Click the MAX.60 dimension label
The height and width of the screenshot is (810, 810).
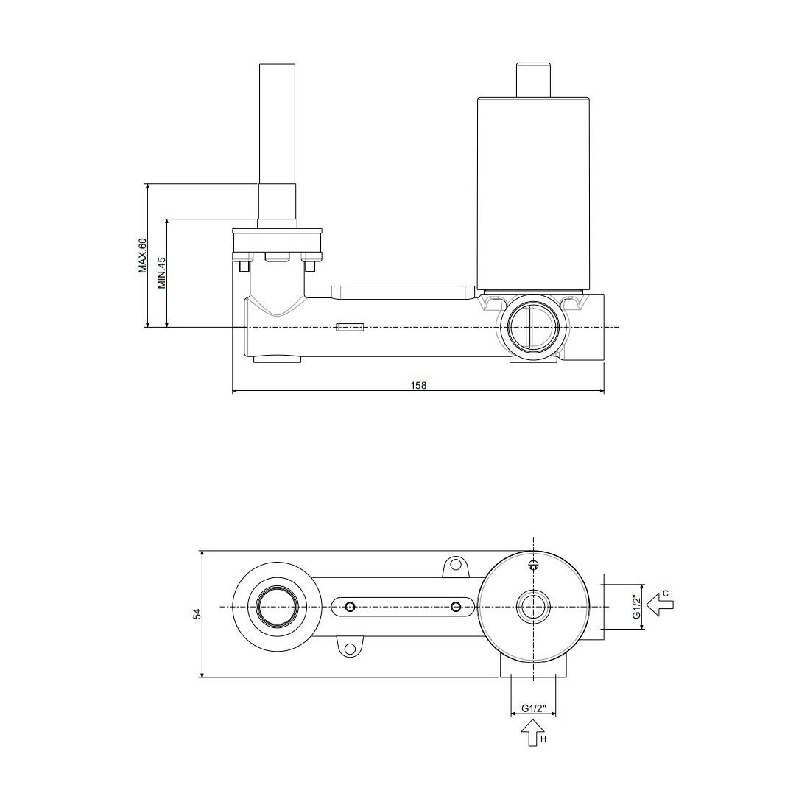pyautogui.click(x=143, y=256)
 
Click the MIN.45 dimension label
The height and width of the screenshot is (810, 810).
pyautogui.click(x=162, y=272)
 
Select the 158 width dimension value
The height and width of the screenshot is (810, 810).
pyautogui.click(x=418, y=385)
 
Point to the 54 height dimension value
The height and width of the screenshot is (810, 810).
pyautogui.click(x=197, y=613)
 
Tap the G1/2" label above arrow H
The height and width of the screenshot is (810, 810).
pyautogui.click(x=533, y=708)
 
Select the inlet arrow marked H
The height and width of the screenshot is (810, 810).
pyautogui.click(x=530, y=733)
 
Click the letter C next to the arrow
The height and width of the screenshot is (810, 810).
pyautogui.click(x=666, y=593)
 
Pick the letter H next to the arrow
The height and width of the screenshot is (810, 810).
pyautogui.click(x=543, y=739)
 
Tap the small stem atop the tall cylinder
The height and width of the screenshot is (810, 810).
pyautogui.click(x=535, y=80)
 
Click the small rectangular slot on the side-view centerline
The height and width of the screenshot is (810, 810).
pyautogui.click(x=351, y=327)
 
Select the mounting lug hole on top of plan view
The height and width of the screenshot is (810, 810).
pyautogui.click(x=455, y=565)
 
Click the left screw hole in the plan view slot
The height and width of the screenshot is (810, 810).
pyautogui.click(x=351, y=607)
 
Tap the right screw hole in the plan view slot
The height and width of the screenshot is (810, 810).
pyautogui.click(x=456, y=607)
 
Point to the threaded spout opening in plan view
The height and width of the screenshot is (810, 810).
pyautogui.click(x=278, y=607)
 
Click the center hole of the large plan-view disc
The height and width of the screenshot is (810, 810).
pyautogui.click(x=533, y=607)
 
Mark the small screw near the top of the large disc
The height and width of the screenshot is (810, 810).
pyautogui.click(x=533, y=565)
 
